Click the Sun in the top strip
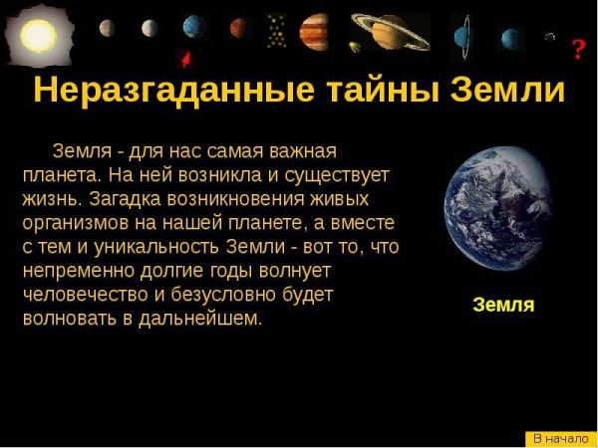(x=39, y=35)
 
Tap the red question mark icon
(x=578, y=49)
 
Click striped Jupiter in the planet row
(x=314, y=32)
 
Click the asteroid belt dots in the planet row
(x=276, y=31)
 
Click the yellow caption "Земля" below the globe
(x=503, y=305)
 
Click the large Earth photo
(x=502, y=210)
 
